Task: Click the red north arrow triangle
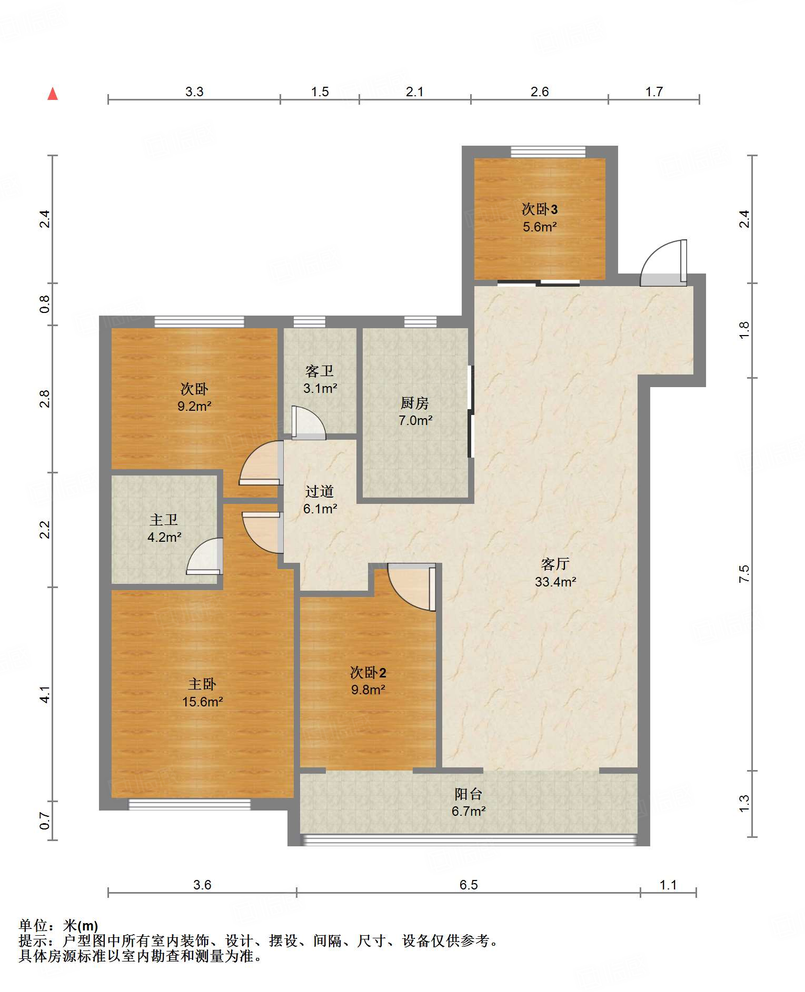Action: pos(53,94)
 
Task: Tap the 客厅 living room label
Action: pos(555,564)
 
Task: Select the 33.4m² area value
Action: pos(555,582)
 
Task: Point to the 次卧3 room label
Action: pos(540,209)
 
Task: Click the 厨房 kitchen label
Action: pos(415,403)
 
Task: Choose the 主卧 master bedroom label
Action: pos(202,684)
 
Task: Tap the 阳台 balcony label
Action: pos(469,794)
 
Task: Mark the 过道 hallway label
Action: pos(320,491)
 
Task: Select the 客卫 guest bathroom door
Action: pos(309,423)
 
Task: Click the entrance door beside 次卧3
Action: pos(664,263)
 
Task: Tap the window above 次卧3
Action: pos(548,151)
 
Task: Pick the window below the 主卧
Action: pos(190,804)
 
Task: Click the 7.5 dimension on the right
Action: pos(744,573)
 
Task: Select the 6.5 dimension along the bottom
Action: pos(469,885)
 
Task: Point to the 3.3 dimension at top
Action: pos(194,92)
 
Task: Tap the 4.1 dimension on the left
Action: pos(45,694)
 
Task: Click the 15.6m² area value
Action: pos(203,702)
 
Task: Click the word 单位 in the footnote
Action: pos(33,925)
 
